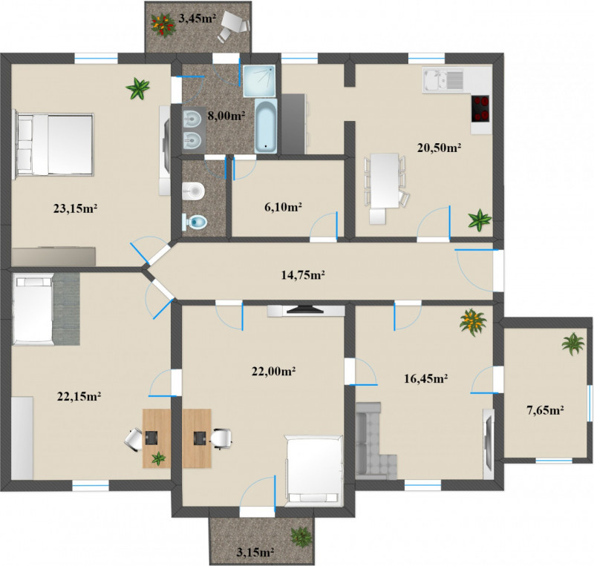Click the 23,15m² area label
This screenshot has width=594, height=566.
76,208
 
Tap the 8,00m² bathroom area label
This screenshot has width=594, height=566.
226,116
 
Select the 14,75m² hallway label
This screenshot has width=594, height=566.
303,275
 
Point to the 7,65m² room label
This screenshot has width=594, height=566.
546,409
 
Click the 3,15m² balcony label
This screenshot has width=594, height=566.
255,553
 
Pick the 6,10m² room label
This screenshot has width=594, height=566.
283,207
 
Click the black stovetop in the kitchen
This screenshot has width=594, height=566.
480,108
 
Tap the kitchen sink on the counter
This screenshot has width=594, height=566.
443,80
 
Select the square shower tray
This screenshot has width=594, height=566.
258,81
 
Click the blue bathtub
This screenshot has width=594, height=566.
266,126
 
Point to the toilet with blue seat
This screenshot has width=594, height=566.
195,223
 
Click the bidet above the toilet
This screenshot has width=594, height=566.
193,191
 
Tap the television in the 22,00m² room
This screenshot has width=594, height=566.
305,310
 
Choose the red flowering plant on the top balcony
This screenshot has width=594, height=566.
163,25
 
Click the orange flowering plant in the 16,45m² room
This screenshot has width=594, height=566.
472,322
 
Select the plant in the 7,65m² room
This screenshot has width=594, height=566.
572,343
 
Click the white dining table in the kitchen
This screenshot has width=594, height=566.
385,180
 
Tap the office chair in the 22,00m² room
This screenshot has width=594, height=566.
221,438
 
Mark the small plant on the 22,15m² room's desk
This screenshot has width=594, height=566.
158,458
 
